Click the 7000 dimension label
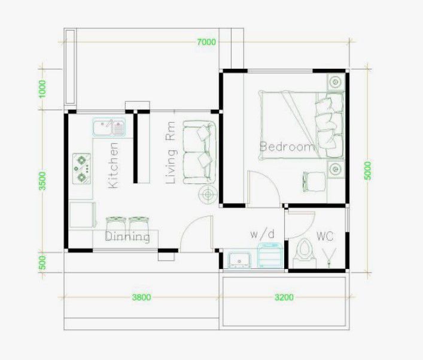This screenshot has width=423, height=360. [x=206, y=42]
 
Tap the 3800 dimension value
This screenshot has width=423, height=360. [x=142, y=297]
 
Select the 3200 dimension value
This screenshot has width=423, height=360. [x=284, y=297]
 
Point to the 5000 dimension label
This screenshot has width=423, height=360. [x=367, y=170]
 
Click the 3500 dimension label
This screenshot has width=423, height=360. [x=42, y=181]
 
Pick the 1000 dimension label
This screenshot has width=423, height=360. [x=42, y=89]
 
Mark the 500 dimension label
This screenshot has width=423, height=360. [x=42, y=263]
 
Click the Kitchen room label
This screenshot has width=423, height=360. [x=113, y=165]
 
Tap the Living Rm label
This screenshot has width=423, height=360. [x=171, y=153]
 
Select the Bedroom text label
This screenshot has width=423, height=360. [x=288, y=147]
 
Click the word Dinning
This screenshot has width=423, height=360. [x=127, y=237]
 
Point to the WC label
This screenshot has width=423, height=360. [x=325, y=237]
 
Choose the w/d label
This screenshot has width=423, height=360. [x=263, y=234]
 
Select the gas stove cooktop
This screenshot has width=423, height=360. [x=81, y=169]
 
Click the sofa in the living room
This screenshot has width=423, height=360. [x=200, y=153]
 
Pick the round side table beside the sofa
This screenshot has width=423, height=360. [x=208, y=195]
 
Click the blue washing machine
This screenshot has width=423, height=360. [x=270, y=256]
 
